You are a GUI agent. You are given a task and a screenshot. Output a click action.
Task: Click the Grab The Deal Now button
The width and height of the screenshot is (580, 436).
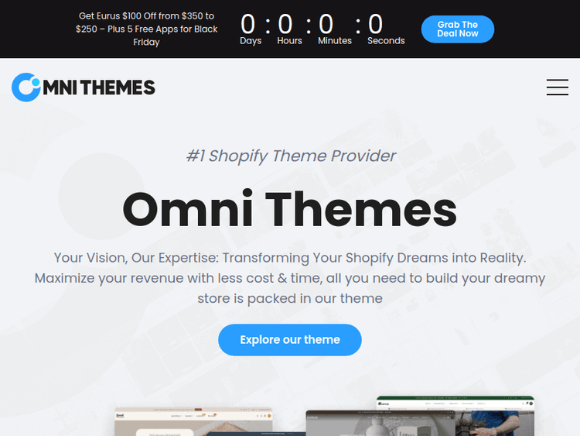coord(458,29)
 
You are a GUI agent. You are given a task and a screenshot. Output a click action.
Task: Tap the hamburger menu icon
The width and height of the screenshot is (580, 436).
coord(557,88)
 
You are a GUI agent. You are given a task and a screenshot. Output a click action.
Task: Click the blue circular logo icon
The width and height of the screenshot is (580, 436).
coord(26,88)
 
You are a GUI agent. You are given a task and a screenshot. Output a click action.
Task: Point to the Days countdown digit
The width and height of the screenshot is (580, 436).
coord(247,25)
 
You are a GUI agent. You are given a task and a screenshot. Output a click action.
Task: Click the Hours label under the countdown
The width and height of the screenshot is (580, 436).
coord(290,41)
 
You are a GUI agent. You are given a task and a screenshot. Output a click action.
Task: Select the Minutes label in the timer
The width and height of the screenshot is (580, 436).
coord(335,41)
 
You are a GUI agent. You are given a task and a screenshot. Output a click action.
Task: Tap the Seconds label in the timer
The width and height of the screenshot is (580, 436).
coord(386,41)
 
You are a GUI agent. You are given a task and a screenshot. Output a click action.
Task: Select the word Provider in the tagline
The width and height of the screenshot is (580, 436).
coord(363,156)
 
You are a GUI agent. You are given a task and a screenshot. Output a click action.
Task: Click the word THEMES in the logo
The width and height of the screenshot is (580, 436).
coord(118,88)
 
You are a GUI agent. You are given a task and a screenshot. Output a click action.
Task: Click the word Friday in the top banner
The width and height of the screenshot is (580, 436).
coord(146,43)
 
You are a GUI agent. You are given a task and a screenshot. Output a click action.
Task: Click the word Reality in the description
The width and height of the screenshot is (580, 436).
coord(498,258)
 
